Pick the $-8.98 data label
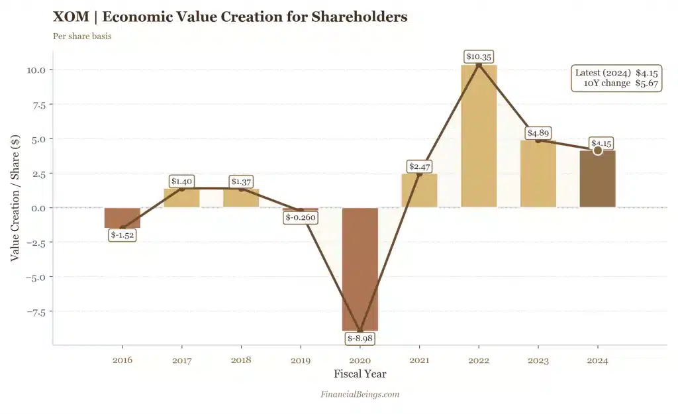pos(360,338)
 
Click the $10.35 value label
pos(479,57)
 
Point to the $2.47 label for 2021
pos(419,166)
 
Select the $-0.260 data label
pos(300,217)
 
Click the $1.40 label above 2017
pos(181,181)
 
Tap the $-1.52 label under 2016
pos(122,234)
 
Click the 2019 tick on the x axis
pos(300,361)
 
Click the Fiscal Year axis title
pos(360,374)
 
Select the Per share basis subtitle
pos(82,36)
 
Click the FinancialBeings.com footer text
pos(360,394)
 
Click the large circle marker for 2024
pos(597,151)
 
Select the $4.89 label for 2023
pos(538,132)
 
